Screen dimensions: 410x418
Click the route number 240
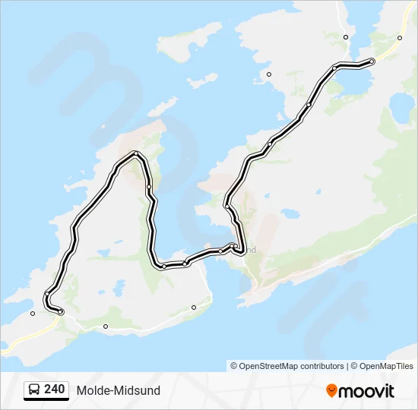coord(54,389)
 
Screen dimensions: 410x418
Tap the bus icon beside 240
coord(35,390)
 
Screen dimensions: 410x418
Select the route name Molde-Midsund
coord(118,390)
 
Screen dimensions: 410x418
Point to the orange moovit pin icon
coord(332,390)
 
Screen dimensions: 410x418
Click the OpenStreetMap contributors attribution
coord(292,366)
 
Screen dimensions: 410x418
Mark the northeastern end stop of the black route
coord(372,61)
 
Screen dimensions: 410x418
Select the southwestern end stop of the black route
coord(61,312)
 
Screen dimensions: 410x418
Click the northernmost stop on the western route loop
coord(135,154)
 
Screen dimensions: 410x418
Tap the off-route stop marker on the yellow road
coord(401,36)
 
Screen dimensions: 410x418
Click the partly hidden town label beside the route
coord(250,249)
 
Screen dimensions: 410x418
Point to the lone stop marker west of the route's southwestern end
coord(33,313)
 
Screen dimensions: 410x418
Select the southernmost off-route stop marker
coord(106,326)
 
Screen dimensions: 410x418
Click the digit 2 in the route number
coord(48,389)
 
